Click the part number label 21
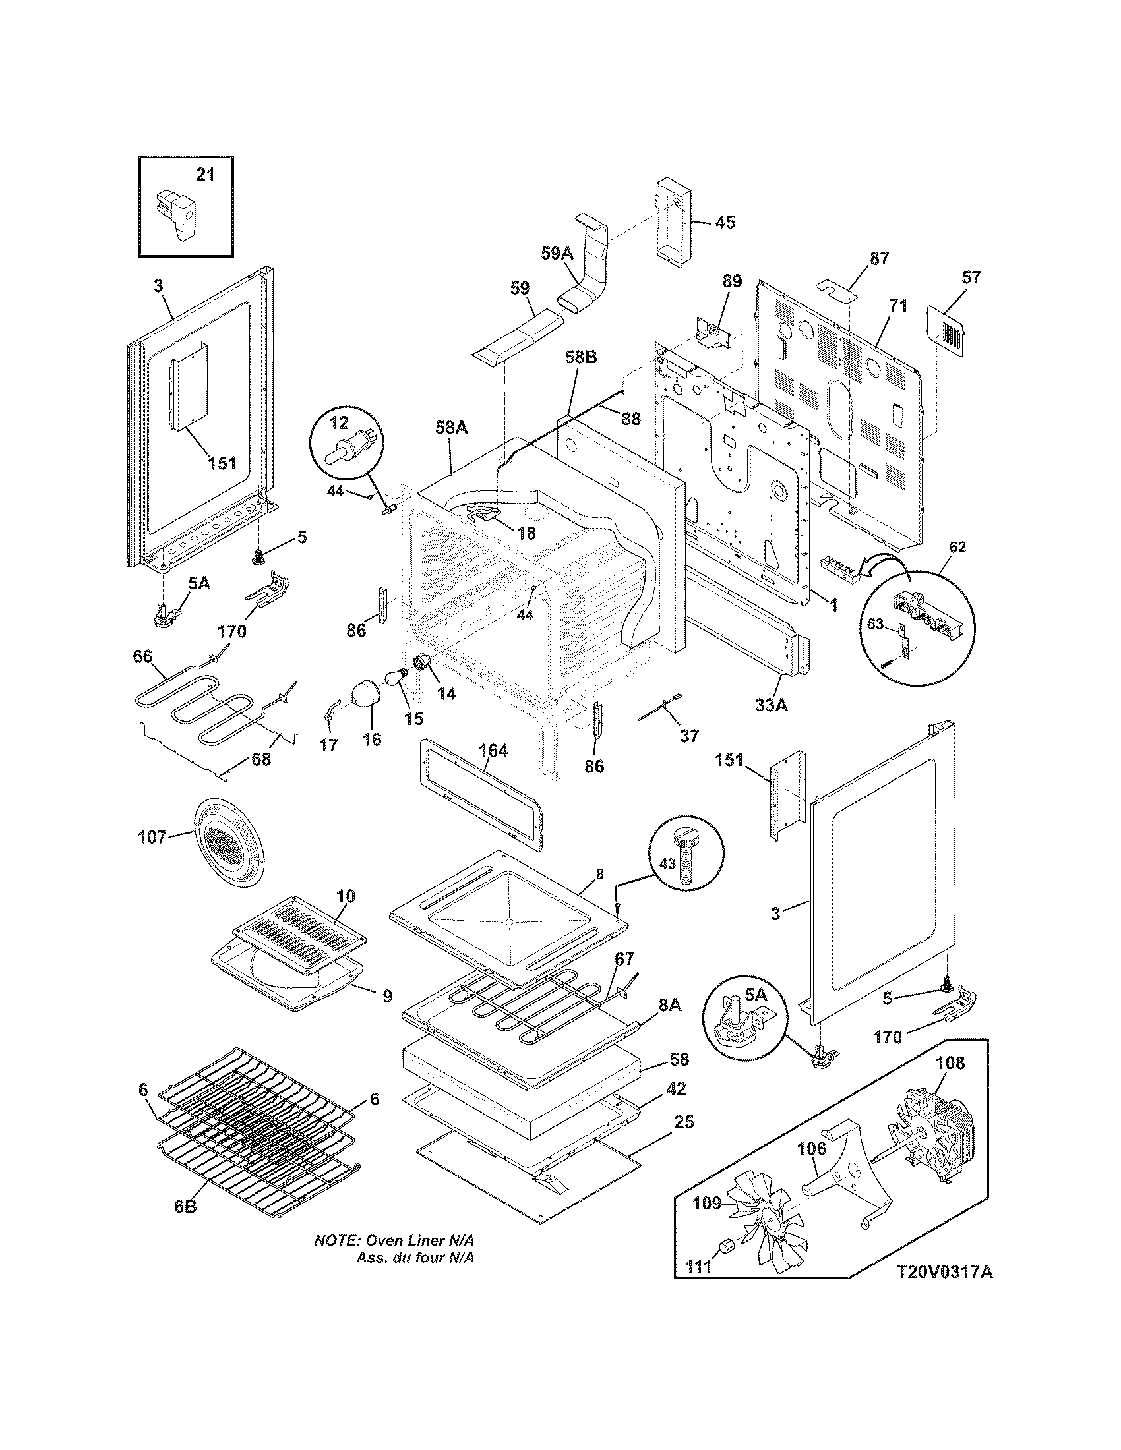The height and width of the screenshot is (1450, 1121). [205, 175]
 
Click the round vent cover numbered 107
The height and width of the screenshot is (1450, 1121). [229, 846]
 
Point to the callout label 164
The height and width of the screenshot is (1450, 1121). [493, 751]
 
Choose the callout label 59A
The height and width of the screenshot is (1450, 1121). [557, 253]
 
